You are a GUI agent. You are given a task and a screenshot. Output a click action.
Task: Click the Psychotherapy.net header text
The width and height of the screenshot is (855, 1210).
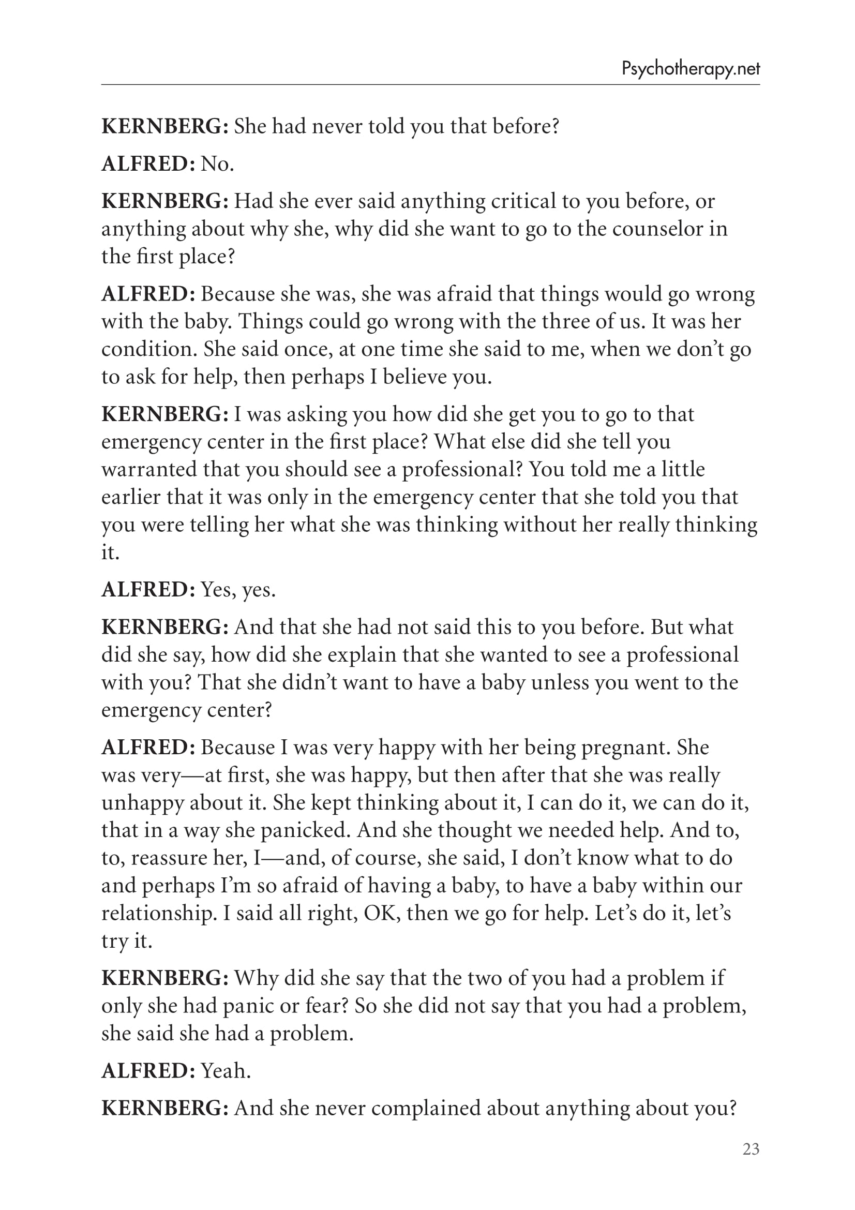point(691,68)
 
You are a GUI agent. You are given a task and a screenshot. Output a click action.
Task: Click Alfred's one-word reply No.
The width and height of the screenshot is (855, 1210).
point(217,164)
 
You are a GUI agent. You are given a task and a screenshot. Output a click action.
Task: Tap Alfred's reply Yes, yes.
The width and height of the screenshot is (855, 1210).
point(238,589)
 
